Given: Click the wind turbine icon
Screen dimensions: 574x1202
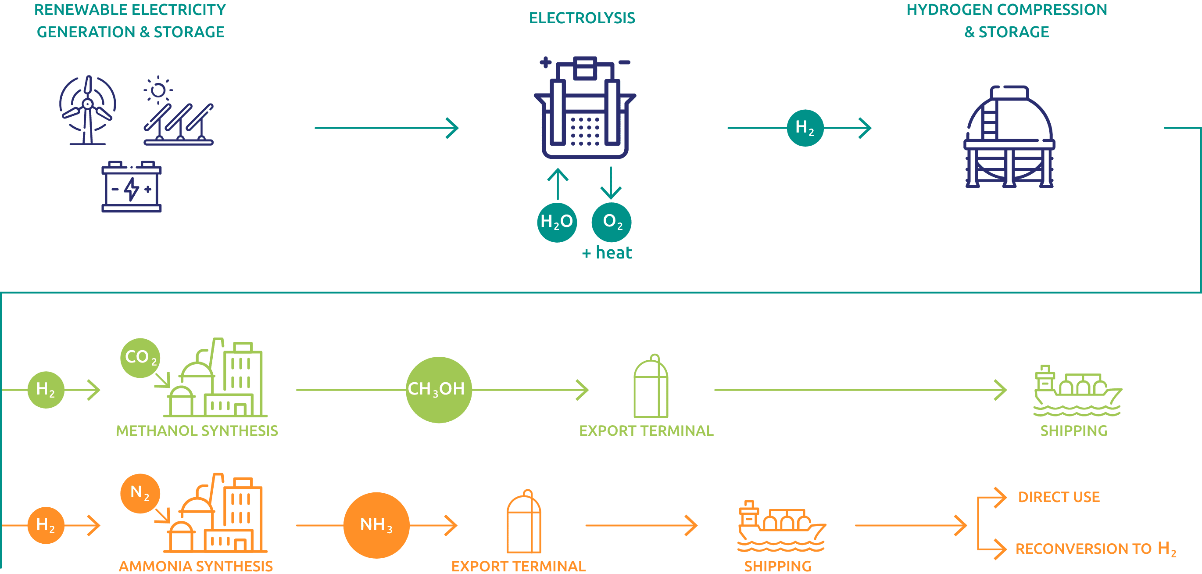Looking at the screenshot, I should [x=88, y=110].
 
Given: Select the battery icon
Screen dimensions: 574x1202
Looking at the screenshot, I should [x=132, y=187].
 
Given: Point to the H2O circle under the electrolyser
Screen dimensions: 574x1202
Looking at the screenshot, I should [x=557, y=222].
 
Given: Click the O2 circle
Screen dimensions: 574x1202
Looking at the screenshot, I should [x=612, y=222].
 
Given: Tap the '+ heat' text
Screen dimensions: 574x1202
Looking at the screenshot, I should [x=607, y=253].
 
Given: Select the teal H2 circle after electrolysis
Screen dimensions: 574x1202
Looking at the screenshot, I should [x=805, y=127].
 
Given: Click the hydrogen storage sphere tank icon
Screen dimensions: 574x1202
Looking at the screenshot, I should [x=1009, y=137].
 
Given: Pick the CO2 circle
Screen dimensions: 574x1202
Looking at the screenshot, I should [x=140, y=358].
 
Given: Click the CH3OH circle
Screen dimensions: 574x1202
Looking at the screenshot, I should [x=438, y=390].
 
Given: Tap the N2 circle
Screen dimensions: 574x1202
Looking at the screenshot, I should [x=140, y=493].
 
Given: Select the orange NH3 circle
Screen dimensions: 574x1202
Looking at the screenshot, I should [x=376, y=525].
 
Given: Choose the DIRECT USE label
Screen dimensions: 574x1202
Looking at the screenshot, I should [x=1059, y=497].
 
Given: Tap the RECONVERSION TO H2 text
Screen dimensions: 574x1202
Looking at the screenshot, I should [x=1095, y=549].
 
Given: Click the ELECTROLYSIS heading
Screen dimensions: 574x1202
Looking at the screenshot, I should [x=582, y=18].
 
